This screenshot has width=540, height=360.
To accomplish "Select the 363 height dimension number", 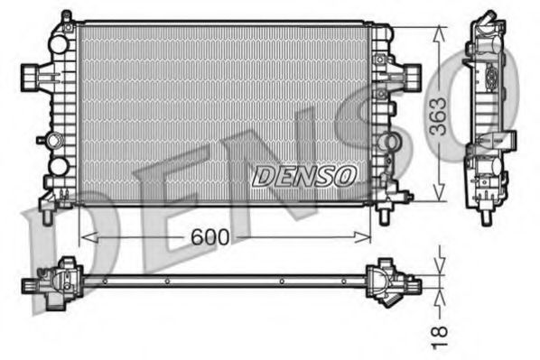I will (438, 115).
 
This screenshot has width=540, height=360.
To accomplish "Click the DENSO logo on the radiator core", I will (304, 175).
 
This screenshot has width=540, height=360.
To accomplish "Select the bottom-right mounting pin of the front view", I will (385, 215).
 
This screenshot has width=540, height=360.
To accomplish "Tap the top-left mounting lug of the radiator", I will (65, 19).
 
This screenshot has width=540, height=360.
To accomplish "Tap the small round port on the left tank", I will (59, 166).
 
